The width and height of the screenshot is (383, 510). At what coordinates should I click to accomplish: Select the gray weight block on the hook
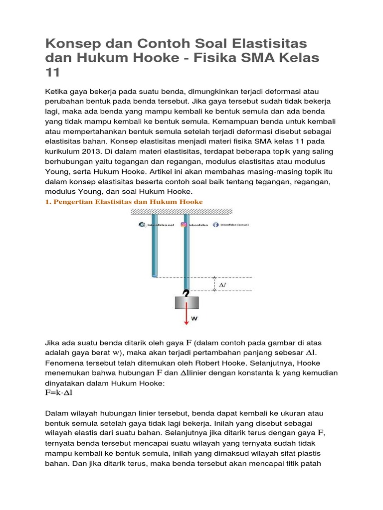tap(187, 302)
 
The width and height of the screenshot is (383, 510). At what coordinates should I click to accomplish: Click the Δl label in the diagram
tap(223, 285)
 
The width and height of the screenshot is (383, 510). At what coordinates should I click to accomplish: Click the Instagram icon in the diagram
tap(184, 225)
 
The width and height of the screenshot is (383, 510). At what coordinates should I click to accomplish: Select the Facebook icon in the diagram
tap(215, 225)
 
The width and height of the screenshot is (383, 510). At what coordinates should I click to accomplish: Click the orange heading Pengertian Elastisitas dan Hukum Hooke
tap(124, 202)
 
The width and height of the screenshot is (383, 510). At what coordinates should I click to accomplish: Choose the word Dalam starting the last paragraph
tap(56, 414)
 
